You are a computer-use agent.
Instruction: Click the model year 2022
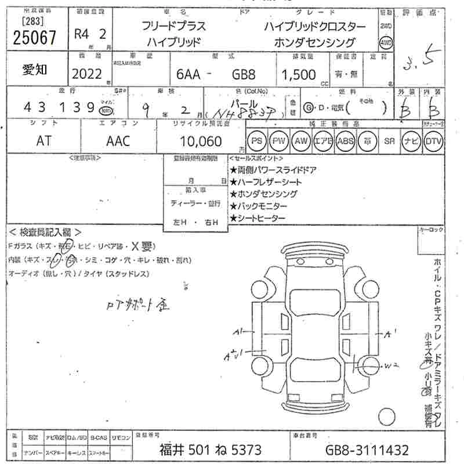86,74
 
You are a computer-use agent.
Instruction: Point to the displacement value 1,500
299,75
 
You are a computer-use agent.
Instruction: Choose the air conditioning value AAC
118,141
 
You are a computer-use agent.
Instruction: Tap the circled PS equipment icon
256,141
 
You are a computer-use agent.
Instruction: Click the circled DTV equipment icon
433,141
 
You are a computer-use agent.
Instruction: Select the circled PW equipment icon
279,141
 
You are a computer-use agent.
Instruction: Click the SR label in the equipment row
389,141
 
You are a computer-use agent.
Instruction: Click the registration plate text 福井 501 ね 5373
210,449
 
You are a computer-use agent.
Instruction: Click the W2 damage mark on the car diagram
393,365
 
